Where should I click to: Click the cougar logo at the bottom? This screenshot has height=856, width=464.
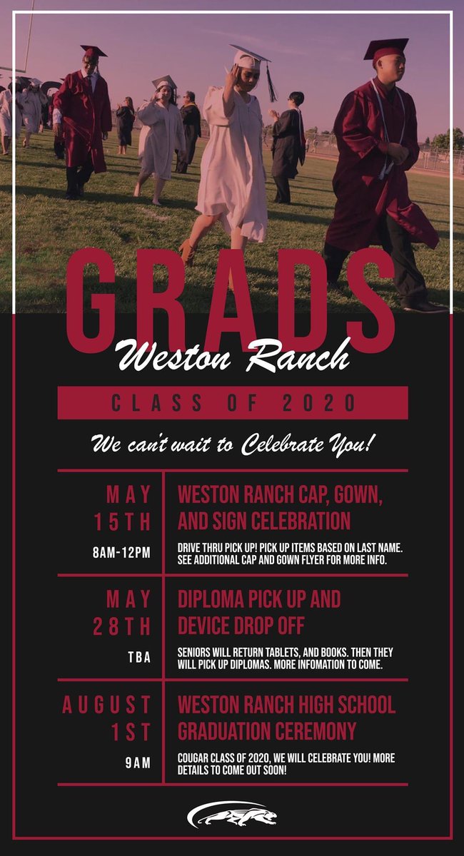tap(232, 814)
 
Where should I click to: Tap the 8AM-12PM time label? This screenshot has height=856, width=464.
tap(122, 553)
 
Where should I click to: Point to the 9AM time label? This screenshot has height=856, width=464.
tap(138, 763)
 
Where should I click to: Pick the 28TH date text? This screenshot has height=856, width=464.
tap(123, 626)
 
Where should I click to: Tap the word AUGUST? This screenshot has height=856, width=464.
tap(107, 705)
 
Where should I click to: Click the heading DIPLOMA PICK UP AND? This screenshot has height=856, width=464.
tap(259, 598)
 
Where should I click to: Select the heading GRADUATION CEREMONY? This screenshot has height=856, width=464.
tap(266, 732)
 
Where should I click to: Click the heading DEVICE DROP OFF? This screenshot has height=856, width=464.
tap(241, 626)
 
